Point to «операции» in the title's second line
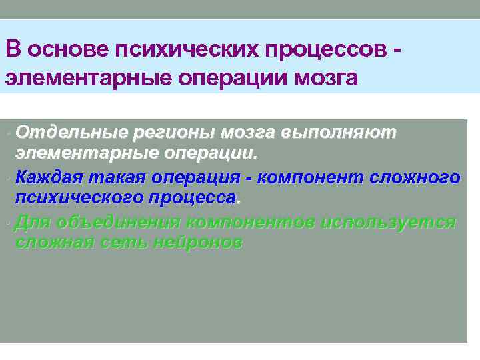235,77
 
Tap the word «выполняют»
339,132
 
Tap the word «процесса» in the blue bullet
197,198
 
